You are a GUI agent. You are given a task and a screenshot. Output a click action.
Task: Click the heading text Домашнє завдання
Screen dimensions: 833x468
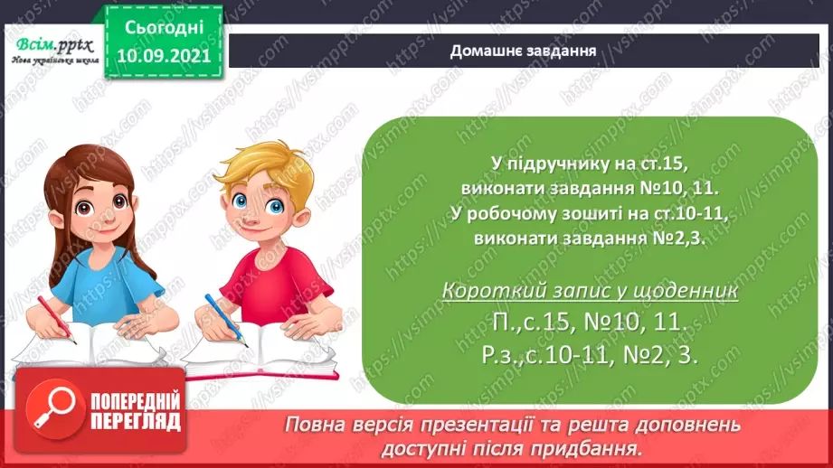pos(523,51)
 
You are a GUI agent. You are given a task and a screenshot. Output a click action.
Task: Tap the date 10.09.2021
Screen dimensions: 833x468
pos(164,56)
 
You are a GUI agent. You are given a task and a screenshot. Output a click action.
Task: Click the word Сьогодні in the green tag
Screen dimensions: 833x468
pos(164,28)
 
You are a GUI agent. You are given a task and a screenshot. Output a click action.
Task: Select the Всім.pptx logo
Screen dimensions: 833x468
pos(54,51)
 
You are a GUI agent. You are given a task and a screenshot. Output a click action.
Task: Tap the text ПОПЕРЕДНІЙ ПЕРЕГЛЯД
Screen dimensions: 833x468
pos(136,412)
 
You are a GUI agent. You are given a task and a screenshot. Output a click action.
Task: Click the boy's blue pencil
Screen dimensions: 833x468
pos(226,320)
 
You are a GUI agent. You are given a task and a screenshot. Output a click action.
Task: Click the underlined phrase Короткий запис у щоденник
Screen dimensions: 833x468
pos(590,291)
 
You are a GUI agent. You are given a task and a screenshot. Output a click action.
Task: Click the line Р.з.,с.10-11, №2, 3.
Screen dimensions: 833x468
pos(590,355)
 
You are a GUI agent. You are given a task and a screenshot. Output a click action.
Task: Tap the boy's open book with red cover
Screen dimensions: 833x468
pos(260,351)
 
